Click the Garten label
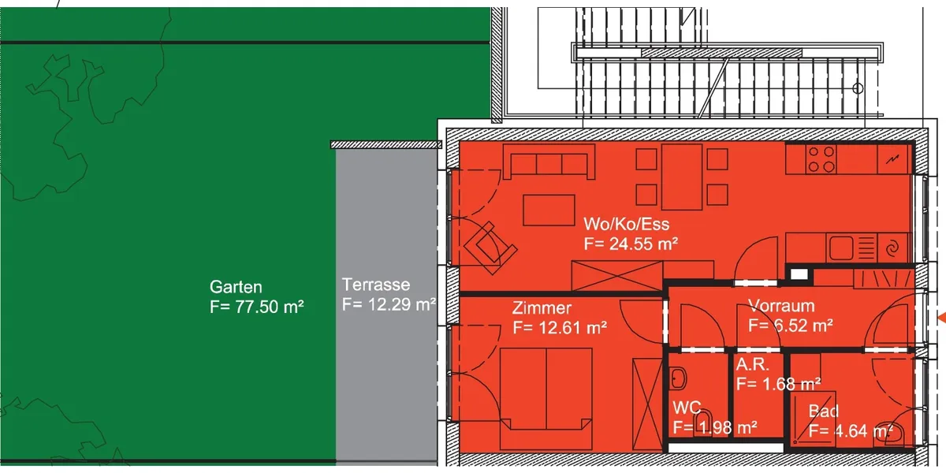(x=236, y=287)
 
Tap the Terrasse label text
(x=376, y=285)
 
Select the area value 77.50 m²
(x=269, y=307)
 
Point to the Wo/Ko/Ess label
(x=626, y=224)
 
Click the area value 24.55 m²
(x=643, y=244)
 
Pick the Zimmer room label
(x=542, y=308)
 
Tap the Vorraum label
(x=781, y=306)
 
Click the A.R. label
(x=752, y=364)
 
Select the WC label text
(x=687, y=408)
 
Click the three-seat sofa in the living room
(x=549, y=162)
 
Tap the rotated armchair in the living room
(x=490, y=248)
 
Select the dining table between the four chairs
(x=682, y=177)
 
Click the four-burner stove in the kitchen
(x=821, y=159)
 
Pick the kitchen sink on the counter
(x=841, y=248)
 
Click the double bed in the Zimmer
(x=546, y=399)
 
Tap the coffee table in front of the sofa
(x=549, y=210)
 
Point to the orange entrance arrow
(x=942, y=318)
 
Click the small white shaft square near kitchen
(x=799, y=274)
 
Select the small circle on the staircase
(x=858, y=88)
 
